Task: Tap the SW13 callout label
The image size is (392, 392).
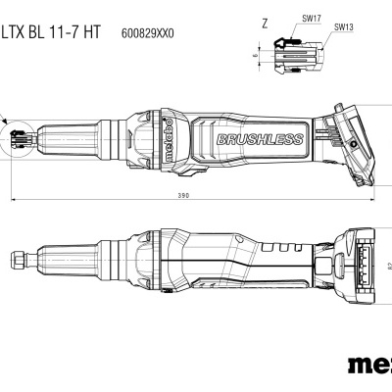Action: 345,27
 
